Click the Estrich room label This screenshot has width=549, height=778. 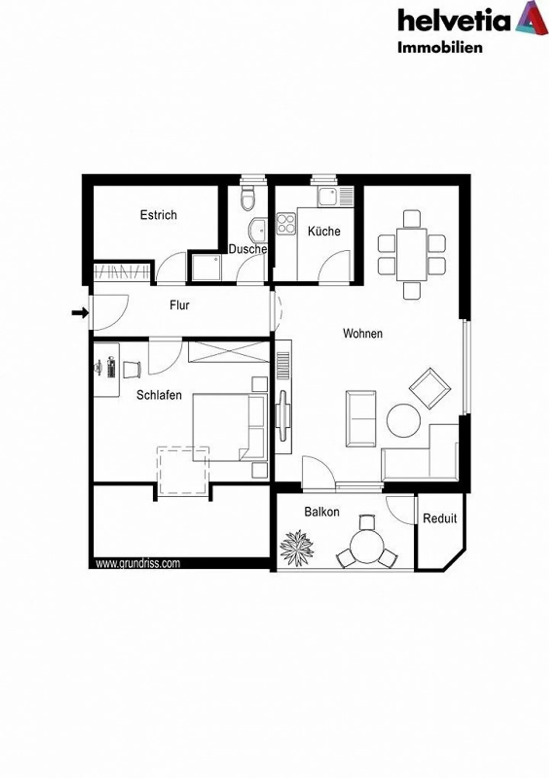[x=158, y=215]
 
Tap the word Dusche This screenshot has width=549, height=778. [x=247, y=249]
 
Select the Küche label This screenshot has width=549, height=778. [x=324, y=231]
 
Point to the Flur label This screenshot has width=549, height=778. [x=179, y=305]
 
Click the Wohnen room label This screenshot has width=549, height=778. [x=363, y=333]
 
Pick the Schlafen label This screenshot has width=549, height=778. [x=159, y=395]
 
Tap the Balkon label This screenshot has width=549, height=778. [x=322, y=511]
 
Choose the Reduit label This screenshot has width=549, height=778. [x=440, y=518]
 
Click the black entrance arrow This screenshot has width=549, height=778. [x=80, y=313]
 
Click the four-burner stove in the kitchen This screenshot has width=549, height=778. [x=286, y=224]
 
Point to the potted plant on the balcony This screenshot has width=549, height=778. [x=297, y=548]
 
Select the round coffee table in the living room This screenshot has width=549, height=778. [x=403, y=420]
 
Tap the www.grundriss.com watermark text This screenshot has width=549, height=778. [x=138, y=563]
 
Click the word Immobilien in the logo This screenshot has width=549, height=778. [x=440, y=48]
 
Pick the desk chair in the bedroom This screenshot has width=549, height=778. [x=132, y=369]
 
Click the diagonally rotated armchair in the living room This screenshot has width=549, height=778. [x=430, y=388]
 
